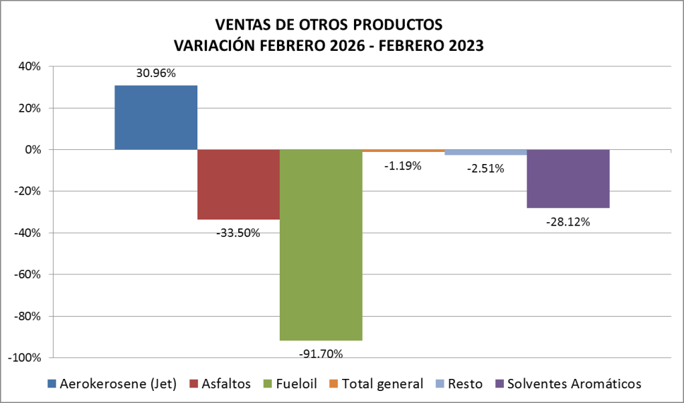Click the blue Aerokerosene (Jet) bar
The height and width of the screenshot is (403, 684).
pos(156,117)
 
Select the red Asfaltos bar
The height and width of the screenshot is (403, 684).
pos(238,184)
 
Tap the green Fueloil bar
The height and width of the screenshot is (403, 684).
pos(321,244)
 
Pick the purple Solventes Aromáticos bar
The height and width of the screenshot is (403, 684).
pos(568,179)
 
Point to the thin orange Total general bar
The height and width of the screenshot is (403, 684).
pos(404,151)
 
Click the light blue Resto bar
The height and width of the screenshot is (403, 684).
pos(486,152)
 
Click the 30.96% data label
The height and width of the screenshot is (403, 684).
pos(156,74)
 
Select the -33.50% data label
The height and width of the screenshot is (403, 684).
pos(238,233)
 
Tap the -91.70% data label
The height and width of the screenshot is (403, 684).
pos(321,353)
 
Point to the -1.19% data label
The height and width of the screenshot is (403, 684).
pos(403,166)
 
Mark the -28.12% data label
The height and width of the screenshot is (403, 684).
pos(568,222)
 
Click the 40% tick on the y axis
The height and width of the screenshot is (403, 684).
pos(30,66)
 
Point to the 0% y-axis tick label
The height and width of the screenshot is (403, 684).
pos(33,149)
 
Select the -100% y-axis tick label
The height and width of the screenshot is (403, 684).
pos(25,357)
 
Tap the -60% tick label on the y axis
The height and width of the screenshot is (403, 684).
pos(27,274)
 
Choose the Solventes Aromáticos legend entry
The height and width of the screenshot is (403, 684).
pos(568,384)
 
